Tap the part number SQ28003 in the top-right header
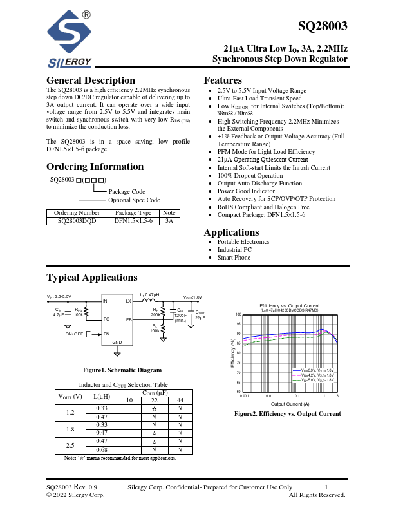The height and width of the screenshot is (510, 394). [x=323, y=26]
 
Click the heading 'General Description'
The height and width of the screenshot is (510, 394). [x=91, y=80]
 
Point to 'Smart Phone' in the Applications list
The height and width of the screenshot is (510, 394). [x=234, y=258]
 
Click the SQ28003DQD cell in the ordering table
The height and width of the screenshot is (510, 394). [x=77, y=220]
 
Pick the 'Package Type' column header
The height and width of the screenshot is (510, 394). [x=133, y=212]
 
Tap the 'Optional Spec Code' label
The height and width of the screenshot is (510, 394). [x=134, y=200]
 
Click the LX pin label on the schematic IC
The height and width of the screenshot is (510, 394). [x=128, y=301]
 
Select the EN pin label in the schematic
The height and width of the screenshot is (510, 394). [x=107, y=334]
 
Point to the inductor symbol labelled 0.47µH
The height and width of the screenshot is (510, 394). [x=149, y=300]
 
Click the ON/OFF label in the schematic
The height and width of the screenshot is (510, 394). [x=74, y=334]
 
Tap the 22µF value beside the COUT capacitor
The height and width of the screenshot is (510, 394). [x=200, y=318]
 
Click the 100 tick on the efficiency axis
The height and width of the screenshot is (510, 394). [x=238, y=314]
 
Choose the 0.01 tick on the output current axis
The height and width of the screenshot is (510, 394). [x=270, y=396]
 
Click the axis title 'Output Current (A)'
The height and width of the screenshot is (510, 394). [x=289, y=404]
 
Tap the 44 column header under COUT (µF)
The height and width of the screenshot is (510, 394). [x=180, y=400]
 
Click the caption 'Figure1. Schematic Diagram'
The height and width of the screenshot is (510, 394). [x=113, y=370]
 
